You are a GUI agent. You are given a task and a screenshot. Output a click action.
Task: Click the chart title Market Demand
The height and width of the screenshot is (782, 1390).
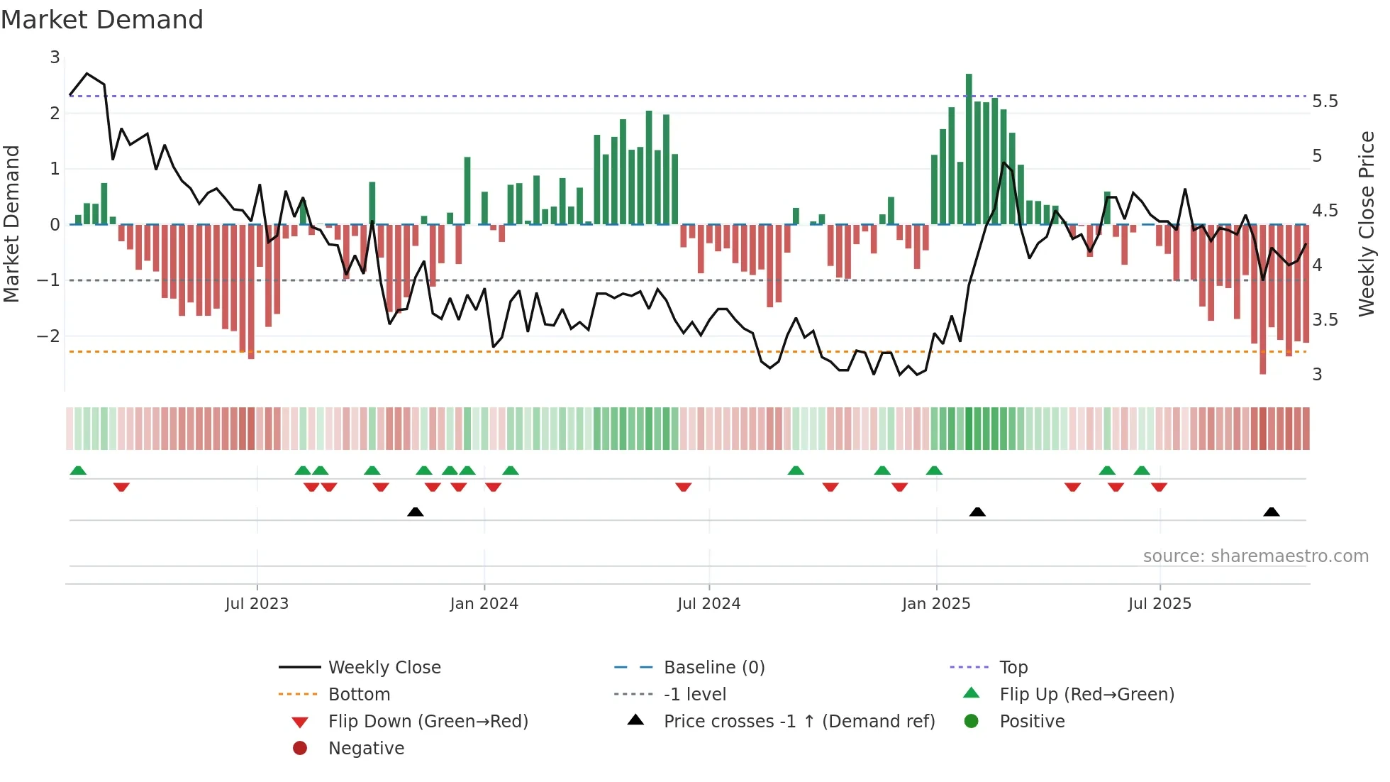point(102,20)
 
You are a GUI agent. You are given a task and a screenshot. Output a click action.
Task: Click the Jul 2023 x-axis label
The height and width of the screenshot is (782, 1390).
point(257,604)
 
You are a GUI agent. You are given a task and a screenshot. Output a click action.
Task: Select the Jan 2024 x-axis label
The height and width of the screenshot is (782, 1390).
point(484,604)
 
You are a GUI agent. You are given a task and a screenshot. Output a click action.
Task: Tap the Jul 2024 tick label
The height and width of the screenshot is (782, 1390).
point(708,604)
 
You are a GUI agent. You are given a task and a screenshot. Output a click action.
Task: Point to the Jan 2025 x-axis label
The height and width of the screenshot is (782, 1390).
point(936,604)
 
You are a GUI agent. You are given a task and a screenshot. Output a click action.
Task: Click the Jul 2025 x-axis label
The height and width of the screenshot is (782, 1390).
point(1160,604)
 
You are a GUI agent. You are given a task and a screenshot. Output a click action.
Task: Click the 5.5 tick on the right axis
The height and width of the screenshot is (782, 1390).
point(1325,101)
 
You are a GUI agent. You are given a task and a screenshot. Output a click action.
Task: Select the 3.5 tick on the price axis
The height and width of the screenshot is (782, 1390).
point(1325,320)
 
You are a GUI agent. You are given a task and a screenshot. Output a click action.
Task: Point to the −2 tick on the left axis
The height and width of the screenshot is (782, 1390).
point(48,336)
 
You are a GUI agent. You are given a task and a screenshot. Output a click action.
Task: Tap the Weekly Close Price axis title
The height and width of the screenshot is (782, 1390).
point(1367,224)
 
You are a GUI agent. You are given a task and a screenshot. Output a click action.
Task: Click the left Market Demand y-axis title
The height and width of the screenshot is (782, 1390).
point(12,224)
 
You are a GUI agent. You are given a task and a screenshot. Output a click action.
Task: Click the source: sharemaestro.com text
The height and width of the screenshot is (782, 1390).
point(1255,556)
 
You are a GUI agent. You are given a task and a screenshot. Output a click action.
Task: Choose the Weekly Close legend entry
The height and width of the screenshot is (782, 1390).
point(384,668)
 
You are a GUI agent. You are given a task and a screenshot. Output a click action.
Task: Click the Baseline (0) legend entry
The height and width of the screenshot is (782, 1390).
point(713,668)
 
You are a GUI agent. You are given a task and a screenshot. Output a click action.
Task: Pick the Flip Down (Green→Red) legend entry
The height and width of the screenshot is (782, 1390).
point(428,722)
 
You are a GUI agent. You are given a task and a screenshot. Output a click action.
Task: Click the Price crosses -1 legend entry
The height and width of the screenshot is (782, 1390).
point(799,722)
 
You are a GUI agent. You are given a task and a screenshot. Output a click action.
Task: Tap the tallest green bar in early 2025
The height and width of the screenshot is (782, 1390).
point(969,149)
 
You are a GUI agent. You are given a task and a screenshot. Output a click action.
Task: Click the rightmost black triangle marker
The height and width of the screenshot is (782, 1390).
point(1272,512)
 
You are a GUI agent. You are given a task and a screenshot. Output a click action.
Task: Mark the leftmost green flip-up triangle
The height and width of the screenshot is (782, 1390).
point(78,470)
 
